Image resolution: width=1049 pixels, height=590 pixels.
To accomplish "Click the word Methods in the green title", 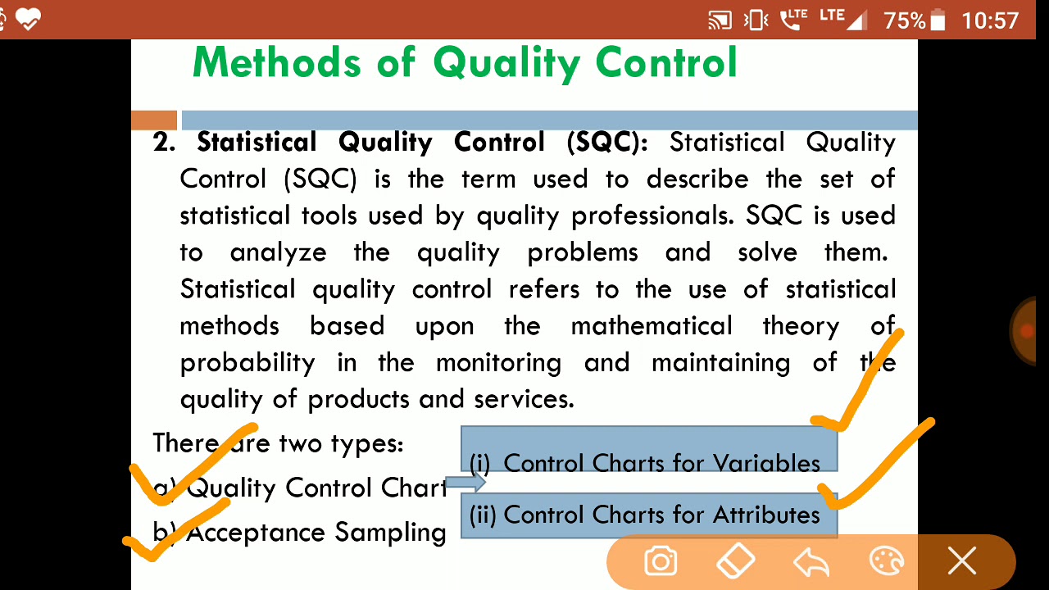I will click(276, 62).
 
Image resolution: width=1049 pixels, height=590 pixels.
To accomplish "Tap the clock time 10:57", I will click(990, 20).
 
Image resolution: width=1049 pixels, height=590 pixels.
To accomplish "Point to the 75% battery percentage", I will click(904, 20).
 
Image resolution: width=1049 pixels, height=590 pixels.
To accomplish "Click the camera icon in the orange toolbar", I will click(661, 562).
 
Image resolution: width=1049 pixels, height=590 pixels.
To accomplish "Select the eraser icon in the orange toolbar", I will click(735, 562).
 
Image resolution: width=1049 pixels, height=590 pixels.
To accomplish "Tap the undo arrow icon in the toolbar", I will click(811, 562).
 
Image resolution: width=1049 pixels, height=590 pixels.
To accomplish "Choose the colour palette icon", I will click(886, 562).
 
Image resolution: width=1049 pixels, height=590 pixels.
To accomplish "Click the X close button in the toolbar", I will click(962, 562).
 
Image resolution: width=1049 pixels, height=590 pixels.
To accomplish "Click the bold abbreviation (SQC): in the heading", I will click(606, 143).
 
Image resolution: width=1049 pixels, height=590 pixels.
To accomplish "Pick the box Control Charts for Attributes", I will click(648, 515).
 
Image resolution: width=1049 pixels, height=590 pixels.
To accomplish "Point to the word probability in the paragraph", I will click(247, 363).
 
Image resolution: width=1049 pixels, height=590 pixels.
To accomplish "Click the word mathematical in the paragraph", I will click(652, 326).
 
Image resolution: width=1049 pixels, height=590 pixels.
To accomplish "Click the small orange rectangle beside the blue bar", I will click(154, 120).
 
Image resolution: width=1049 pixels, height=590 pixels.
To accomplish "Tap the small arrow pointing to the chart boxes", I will click(465, 483).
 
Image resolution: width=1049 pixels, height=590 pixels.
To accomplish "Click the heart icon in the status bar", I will click(27, 19).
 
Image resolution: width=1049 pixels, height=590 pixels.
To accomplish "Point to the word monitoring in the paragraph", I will click(498, 363).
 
